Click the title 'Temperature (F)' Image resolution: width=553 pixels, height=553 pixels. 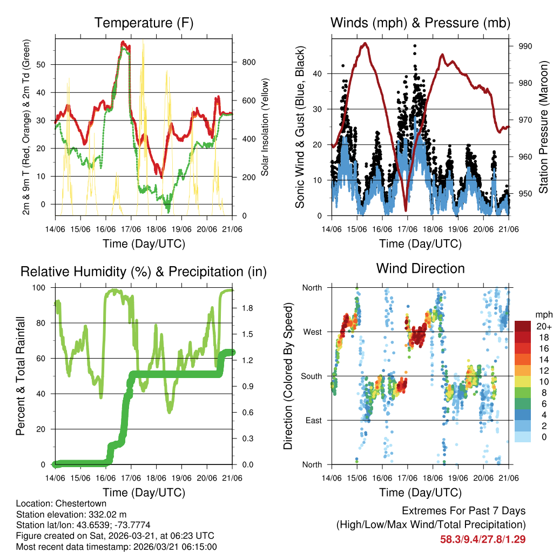coord(144,23)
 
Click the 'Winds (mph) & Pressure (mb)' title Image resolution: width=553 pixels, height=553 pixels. coord(420,23)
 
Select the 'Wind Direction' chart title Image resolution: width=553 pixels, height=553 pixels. coord(420,268)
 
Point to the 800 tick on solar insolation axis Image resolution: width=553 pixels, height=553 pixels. coord(248,62)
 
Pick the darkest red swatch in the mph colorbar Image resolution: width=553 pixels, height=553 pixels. coord(522,326)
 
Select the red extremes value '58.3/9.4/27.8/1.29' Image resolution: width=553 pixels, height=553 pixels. coord(483,539)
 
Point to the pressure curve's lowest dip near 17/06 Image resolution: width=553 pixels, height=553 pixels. coord(405,210)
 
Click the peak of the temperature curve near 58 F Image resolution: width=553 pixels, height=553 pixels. coord(123,42)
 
